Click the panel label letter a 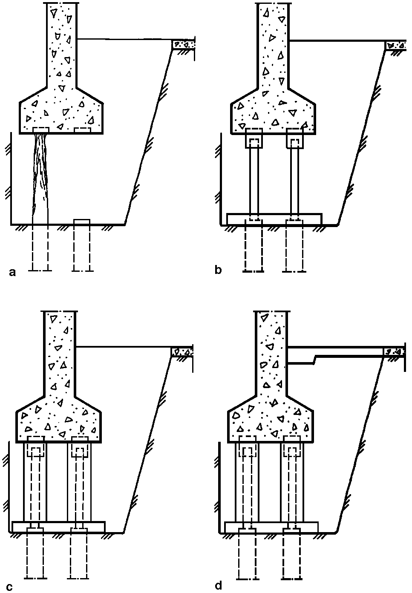point(12,272)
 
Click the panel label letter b point(218,270)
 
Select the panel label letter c point(9,587)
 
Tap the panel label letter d point(218,585)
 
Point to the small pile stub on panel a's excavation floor point(82,222)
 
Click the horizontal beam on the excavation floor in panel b point(274,219)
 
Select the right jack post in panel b point(295,181)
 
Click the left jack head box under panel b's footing point(254,138)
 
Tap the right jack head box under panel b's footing point(295,138)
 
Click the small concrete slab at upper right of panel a point(184,44)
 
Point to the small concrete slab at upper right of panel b point(395,45)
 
